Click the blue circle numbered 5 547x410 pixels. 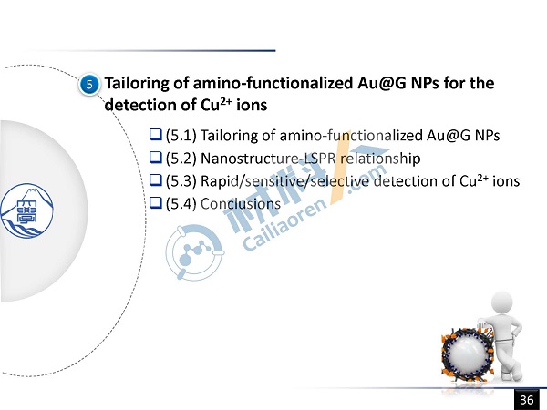pos(89,85)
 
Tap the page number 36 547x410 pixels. pos(527,400)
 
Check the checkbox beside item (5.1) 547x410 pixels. pos(156,134)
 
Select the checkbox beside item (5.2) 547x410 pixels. pos(156,158)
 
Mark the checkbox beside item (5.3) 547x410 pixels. pos(156,179)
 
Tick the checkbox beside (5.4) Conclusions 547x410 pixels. pos(156,203)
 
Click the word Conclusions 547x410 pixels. pos(241,204)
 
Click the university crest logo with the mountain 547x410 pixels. pos(26,210)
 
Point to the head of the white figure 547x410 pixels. pos(502,303)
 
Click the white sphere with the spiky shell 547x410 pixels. pos(467,354)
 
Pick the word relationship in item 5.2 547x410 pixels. pos(380,159)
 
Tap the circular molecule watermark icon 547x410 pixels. pos(194,252)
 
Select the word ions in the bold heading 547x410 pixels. pos(252,105)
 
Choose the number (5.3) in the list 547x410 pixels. pos(181,181)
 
